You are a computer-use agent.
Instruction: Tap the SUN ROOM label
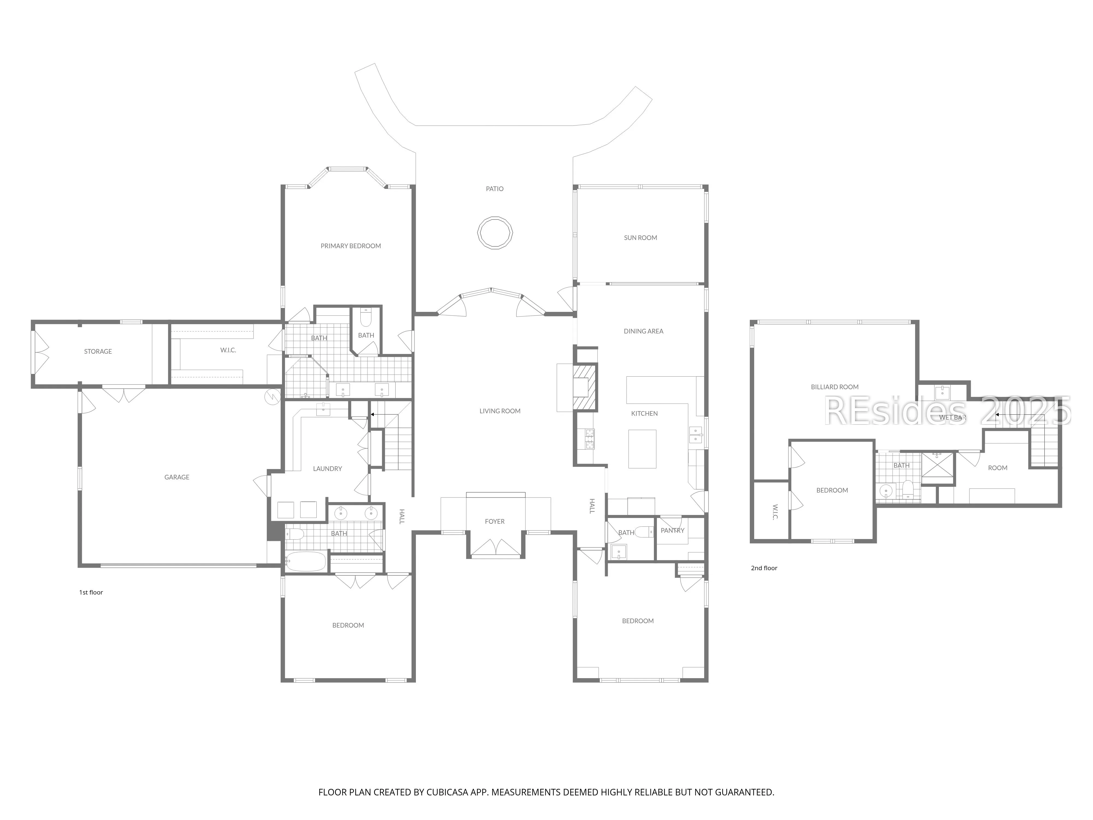click(x=640, y=238)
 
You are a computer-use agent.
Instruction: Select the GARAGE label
click(x=177, y=477)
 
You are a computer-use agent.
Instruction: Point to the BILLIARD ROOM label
click(x=835, y=387)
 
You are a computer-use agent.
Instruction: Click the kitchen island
click(x=642, y=449)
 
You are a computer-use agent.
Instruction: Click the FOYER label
click(x=495, y=522)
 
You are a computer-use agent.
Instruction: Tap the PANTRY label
click(x=672, y=530)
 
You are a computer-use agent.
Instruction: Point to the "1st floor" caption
click(x=91, y=592)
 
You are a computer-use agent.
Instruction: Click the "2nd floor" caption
click(x=764, y=568)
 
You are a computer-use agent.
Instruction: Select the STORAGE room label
click(x=98, y=352)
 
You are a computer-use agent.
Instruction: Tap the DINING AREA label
click(x=643, y=331)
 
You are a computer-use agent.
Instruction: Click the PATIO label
click(x=495, y=189)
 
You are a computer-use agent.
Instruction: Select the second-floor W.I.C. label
click(x=774, y=512)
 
